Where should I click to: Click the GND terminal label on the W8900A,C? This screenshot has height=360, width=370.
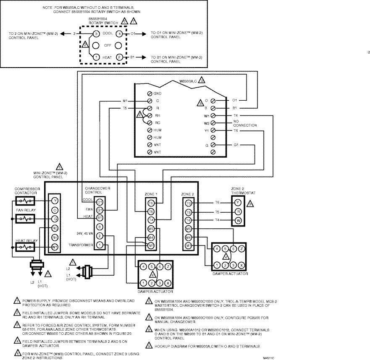[157, 93]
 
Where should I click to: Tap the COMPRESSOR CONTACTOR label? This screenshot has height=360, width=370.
[27, 191]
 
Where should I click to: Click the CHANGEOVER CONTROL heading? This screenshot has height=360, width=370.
[97, 191]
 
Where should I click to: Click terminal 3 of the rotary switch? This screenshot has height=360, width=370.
[96, 34]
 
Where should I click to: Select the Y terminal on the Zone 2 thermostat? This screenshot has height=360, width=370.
[238, 202]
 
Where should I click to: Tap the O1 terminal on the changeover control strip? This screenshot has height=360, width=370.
[100, 202]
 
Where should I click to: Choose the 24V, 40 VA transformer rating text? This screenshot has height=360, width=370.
[83, 233]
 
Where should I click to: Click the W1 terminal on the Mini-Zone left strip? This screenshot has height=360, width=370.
[55, 247]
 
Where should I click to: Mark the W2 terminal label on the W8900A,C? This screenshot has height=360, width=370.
[207, 123]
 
